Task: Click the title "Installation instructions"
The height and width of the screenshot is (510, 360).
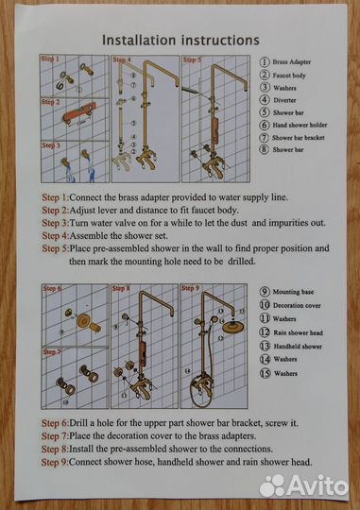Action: tap(180, 40)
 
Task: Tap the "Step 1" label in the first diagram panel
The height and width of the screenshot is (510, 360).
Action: tap(50, 59)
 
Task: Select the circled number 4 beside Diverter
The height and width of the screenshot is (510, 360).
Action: tap(265, 99)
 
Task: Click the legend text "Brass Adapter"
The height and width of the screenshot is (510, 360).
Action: tap(292, 61)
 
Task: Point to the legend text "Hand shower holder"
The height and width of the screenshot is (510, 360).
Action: tap(300, 125)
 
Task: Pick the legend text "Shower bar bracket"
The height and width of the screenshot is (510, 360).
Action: tap(299, 138)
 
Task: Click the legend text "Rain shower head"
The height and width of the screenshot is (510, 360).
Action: tap(299, 332)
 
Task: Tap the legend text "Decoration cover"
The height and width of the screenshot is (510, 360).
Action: tap(297, 305)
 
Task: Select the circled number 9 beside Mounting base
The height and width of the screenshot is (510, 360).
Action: tap(265, 292)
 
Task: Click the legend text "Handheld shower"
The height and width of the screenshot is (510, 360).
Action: tap(298, 347)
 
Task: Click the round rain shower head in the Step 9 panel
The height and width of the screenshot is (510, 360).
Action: tap(233, 326)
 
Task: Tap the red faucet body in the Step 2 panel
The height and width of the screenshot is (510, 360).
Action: tap(79, 112)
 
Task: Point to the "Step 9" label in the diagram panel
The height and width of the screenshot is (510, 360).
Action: tap(190, 288)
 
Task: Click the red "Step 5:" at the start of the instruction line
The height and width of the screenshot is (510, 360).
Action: tap(56, 248)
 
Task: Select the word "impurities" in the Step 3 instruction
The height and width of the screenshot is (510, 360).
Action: tap(288, 223)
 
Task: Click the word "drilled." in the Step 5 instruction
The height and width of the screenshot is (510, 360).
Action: tap(242, 262)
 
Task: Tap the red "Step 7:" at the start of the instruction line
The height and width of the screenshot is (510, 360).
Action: tap(55, 435)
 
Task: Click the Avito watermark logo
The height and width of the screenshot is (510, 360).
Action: tap(303, 485)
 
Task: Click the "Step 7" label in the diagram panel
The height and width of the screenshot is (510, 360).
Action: tap(52, 352)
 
